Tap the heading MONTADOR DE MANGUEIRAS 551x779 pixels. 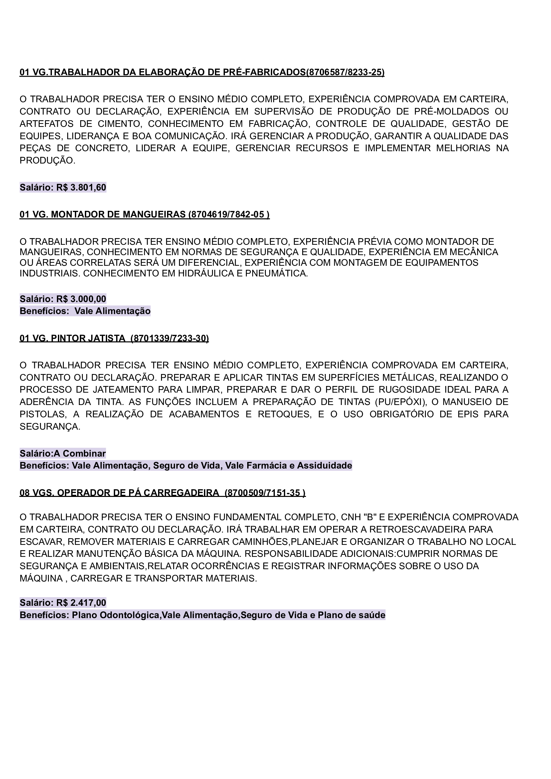tap(118, 214)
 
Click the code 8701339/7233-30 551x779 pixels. tap(169, 338)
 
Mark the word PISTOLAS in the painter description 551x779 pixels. tap(42, 414)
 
